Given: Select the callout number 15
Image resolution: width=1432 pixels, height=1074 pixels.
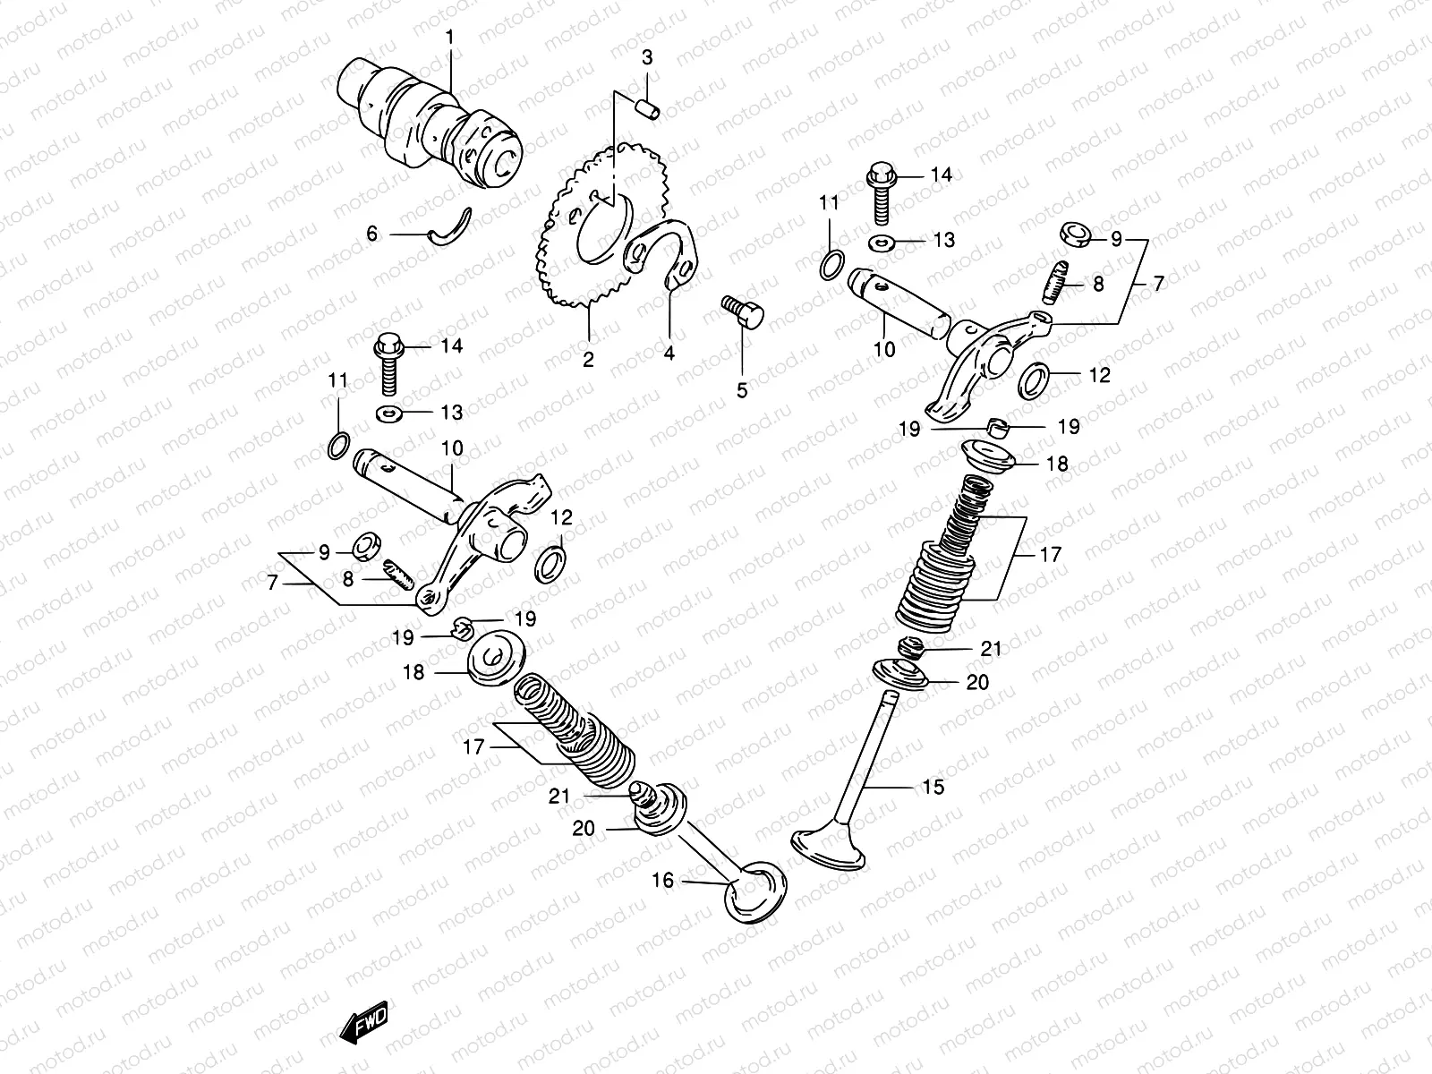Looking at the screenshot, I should pyautogui.click(x=933, y=787).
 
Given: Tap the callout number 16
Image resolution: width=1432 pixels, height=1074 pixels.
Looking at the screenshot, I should pyautogui.click(x=662, y=881).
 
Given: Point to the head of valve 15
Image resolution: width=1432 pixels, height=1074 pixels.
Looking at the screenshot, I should pyautogui.click(x=828, y=848).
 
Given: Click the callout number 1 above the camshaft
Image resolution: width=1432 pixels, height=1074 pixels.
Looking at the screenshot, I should pyautogui.click(x=450, y=37).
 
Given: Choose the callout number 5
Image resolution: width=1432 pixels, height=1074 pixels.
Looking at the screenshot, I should pyautogui.click(x=742, y=390).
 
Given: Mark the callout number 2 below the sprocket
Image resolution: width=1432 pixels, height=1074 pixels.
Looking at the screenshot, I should pyautogui.click(x=588, y=360).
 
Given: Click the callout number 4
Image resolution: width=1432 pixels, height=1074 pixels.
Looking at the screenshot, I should pyautogui.click(x=669, y=353).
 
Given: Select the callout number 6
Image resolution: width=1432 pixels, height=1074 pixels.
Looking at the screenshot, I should pyautogui.click(x=372, y=234).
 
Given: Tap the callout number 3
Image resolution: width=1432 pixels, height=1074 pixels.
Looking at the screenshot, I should pyautogui.click(x=647, y=57).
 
